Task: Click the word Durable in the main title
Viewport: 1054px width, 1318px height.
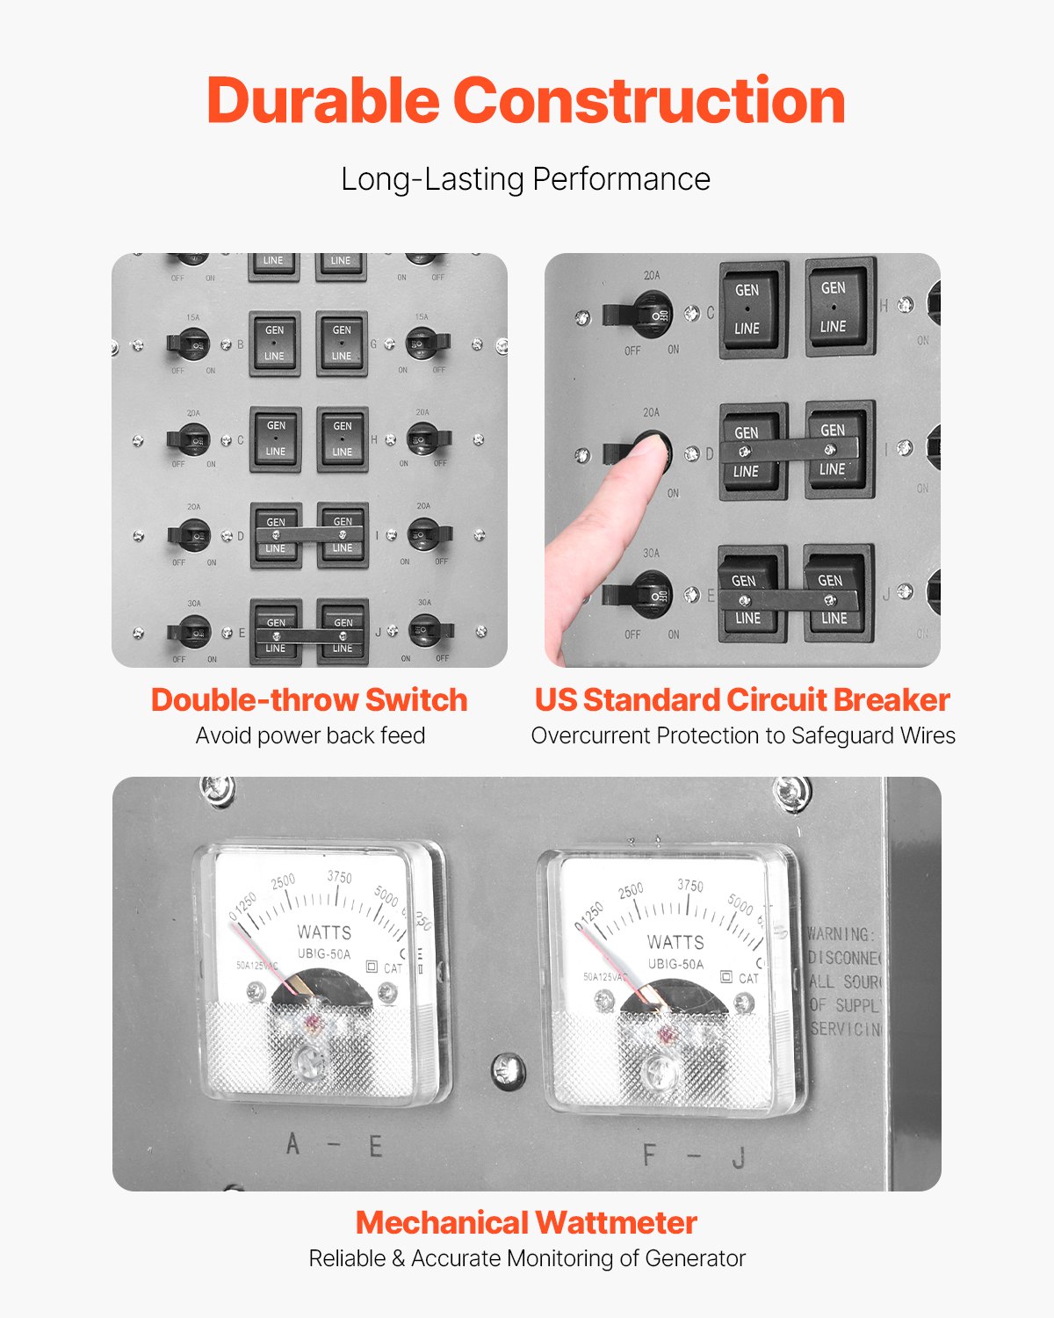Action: pos(322,101)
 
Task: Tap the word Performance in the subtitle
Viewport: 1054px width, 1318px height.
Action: pos(621,179)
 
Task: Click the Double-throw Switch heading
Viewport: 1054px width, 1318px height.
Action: pos(309,699)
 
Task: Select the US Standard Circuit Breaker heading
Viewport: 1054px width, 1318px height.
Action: pos(742,699)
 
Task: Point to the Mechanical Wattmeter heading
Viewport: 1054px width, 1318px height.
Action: pos(526,1222)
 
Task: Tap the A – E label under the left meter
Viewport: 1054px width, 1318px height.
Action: pos(335,1146)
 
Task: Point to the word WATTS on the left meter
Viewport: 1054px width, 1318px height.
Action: pos(324,932)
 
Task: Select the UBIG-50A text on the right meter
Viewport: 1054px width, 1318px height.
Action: pos(675,964)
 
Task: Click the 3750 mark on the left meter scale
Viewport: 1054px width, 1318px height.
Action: pos(339,878)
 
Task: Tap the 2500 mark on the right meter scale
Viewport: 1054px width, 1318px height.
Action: pos(631,891)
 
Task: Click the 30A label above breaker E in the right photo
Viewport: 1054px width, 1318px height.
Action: pos(651,554)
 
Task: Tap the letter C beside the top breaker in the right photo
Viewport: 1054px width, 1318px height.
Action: pos(711,313)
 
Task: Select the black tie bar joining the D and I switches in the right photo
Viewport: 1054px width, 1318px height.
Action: pos(787,450)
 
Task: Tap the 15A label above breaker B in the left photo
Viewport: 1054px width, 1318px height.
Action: pos(192,317)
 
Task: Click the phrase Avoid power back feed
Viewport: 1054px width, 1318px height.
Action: pos(310,735)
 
